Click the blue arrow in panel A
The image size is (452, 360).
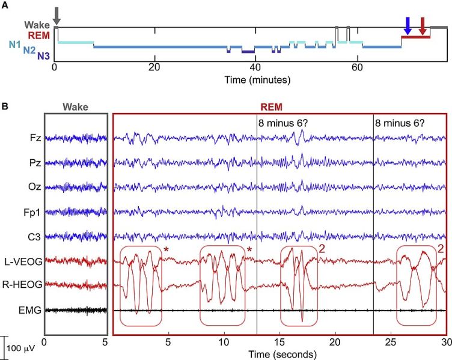pyautogui.click(x=408, y=25)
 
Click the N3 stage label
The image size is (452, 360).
pyautogui.click(x=43, y=56)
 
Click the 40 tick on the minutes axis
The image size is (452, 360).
pyautogui.click(x=256, y=69)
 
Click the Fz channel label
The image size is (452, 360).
pyautogui.click(x=35, y=138)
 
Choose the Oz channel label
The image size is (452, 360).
pyautogui.click(x=35, y=188)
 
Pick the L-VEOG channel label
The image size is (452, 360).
pyautogui.click(x=26, y=262)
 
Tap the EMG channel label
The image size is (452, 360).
pyautogui.click(x=31, y=311)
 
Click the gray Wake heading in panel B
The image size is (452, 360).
pyautogui.click(x=75, y=106)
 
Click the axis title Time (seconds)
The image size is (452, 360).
pyautogui.click(x=279, y=352)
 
